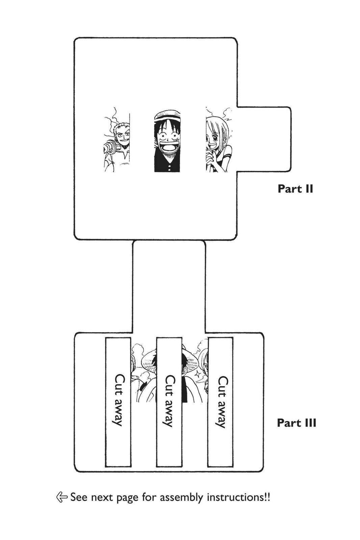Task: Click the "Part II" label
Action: coord(295,189)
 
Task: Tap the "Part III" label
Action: coord(297,423)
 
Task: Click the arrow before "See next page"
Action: coord(61,497)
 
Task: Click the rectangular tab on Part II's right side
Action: coord(264,139)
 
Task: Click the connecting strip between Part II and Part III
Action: coord(169,287)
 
